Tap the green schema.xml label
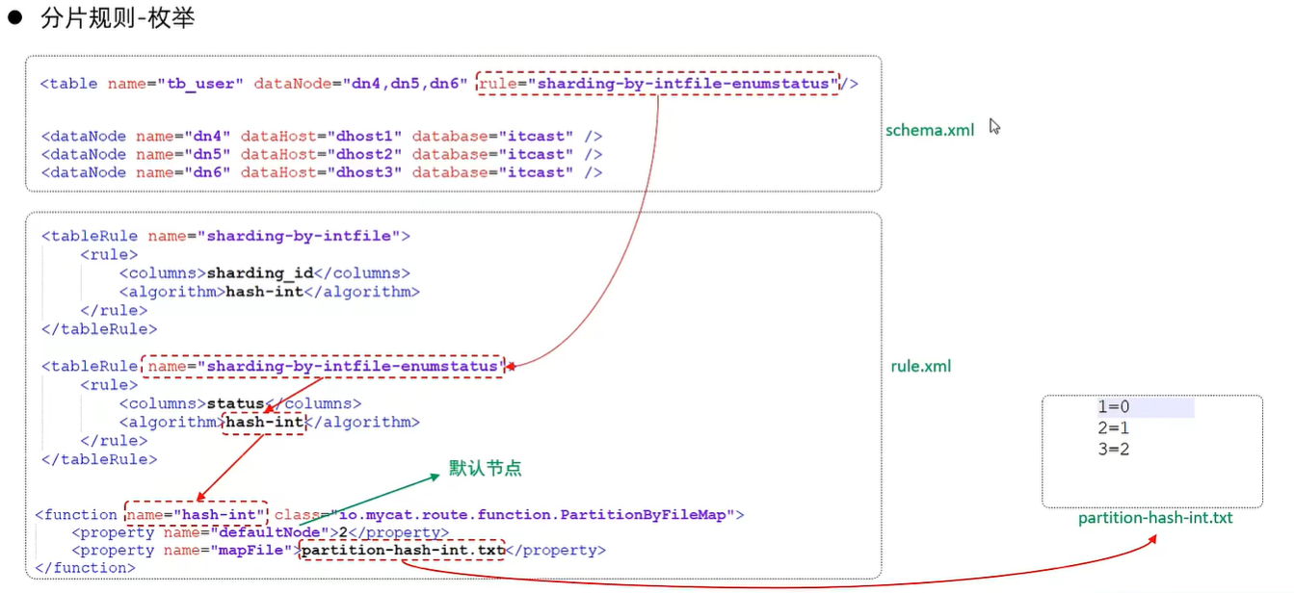pos(930,130)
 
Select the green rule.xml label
pos(921,367)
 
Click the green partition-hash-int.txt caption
pos(1155,518)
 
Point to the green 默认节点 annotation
pos(486,469)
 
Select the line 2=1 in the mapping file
pos(1113,428)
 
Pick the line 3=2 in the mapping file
pos(1113,449)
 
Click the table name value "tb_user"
pos(200,84)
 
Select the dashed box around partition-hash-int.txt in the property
pos(402,551)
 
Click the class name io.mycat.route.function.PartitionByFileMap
pos(538,515)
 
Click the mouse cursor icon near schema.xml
pos(994,126)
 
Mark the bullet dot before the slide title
pos(14,18)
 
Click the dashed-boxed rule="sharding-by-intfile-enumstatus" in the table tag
pos(658,84)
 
